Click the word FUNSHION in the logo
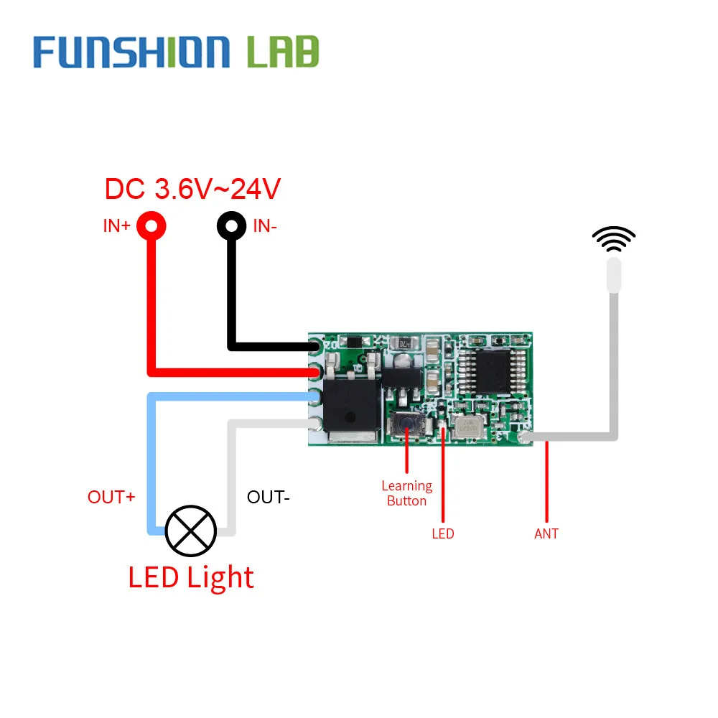point(131,52)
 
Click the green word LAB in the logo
point(282,52)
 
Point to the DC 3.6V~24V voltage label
point(192,189)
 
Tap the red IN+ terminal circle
point(151,226)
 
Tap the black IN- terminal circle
point(231,226)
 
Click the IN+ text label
point(116,226)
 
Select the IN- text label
point(265,226)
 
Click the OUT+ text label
point(111,497)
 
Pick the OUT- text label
point(268,497)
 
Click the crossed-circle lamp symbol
point(190,531)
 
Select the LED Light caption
point(191,578)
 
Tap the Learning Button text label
point(406,494)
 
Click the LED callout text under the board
point(443,533)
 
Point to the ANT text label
point(546,533)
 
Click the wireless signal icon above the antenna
point(613,239)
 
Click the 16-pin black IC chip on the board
point(495,371)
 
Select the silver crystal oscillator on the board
point(465,427)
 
